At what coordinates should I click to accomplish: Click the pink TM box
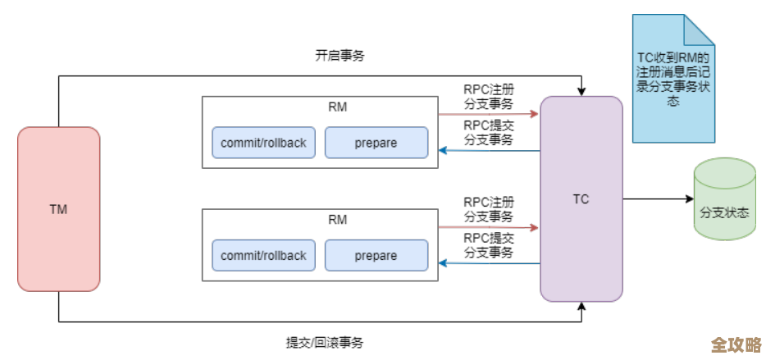[x=58, y=209]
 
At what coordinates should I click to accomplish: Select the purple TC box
[x=581, y=198]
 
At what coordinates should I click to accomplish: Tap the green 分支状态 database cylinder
[x=724, y=199]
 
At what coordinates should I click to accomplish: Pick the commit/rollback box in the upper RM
[x=263, y=143]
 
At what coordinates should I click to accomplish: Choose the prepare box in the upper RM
[x=376, y=143]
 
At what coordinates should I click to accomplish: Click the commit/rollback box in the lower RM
[x=263, y=256]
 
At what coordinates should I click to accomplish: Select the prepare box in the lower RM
[x=376, y=256]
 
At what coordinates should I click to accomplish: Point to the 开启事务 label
[x=340, y=56]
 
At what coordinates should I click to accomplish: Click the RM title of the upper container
[x=336, y=107]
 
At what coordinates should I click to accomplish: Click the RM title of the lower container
[x=336, y=220]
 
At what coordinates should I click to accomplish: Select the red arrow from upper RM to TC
[x=489, y=115]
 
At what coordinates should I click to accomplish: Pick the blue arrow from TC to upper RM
[x=489, y=151]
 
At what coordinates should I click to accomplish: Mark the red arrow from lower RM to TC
[x=489, y=227]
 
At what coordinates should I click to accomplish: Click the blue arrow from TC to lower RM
[x=489, y=263]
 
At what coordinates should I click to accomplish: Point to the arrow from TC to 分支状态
[x=656, y=198]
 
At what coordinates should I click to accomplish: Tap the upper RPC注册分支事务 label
[x=489, y=96]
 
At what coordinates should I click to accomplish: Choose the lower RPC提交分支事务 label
[x=489, y=245]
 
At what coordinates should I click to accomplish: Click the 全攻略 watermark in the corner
[x=736, y=344]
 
